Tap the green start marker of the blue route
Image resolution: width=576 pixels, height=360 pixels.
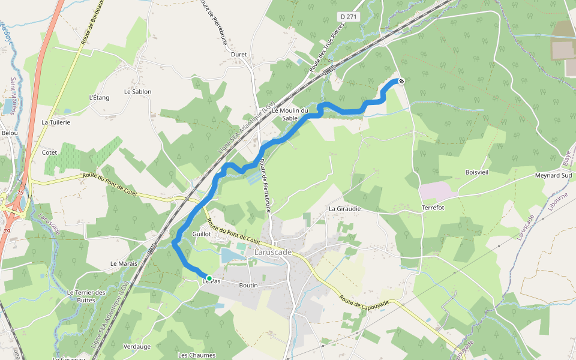coord(209,278)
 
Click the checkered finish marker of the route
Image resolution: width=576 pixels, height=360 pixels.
coord(401,81)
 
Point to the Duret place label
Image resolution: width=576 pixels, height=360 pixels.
coord(239,54)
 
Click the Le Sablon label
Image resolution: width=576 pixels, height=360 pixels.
coord(137,92)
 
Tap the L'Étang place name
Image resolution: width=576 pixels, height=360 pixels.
coord(99,97)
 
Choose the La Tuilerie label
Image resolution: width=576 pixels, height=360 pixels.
coord(56,122)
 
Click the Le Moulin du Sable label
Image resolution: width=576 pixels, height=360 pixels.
coord(290,114)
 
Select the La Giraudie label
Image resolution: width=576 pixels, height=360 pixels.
coord(344,209)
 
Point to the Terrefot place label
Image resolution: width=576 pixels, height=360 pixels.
coord(433,208)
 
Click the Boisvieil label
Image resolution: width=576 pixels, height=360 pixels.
coord(477,172)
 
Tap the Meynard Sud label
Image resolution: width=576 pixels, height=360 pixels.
coord(553,176)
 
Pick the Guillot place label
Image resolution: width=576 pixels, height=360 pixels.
coord(201,233)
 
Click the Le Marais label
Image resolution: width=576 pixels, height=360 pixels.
coord(124,263)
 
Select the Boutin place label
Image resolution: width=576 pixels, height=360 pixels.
coord(248,286)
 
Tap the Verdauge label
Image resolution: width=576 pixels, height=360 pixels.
coord(137,347)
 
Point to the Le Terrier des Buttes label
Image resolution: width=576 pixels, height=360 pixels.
coord(86,296)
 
